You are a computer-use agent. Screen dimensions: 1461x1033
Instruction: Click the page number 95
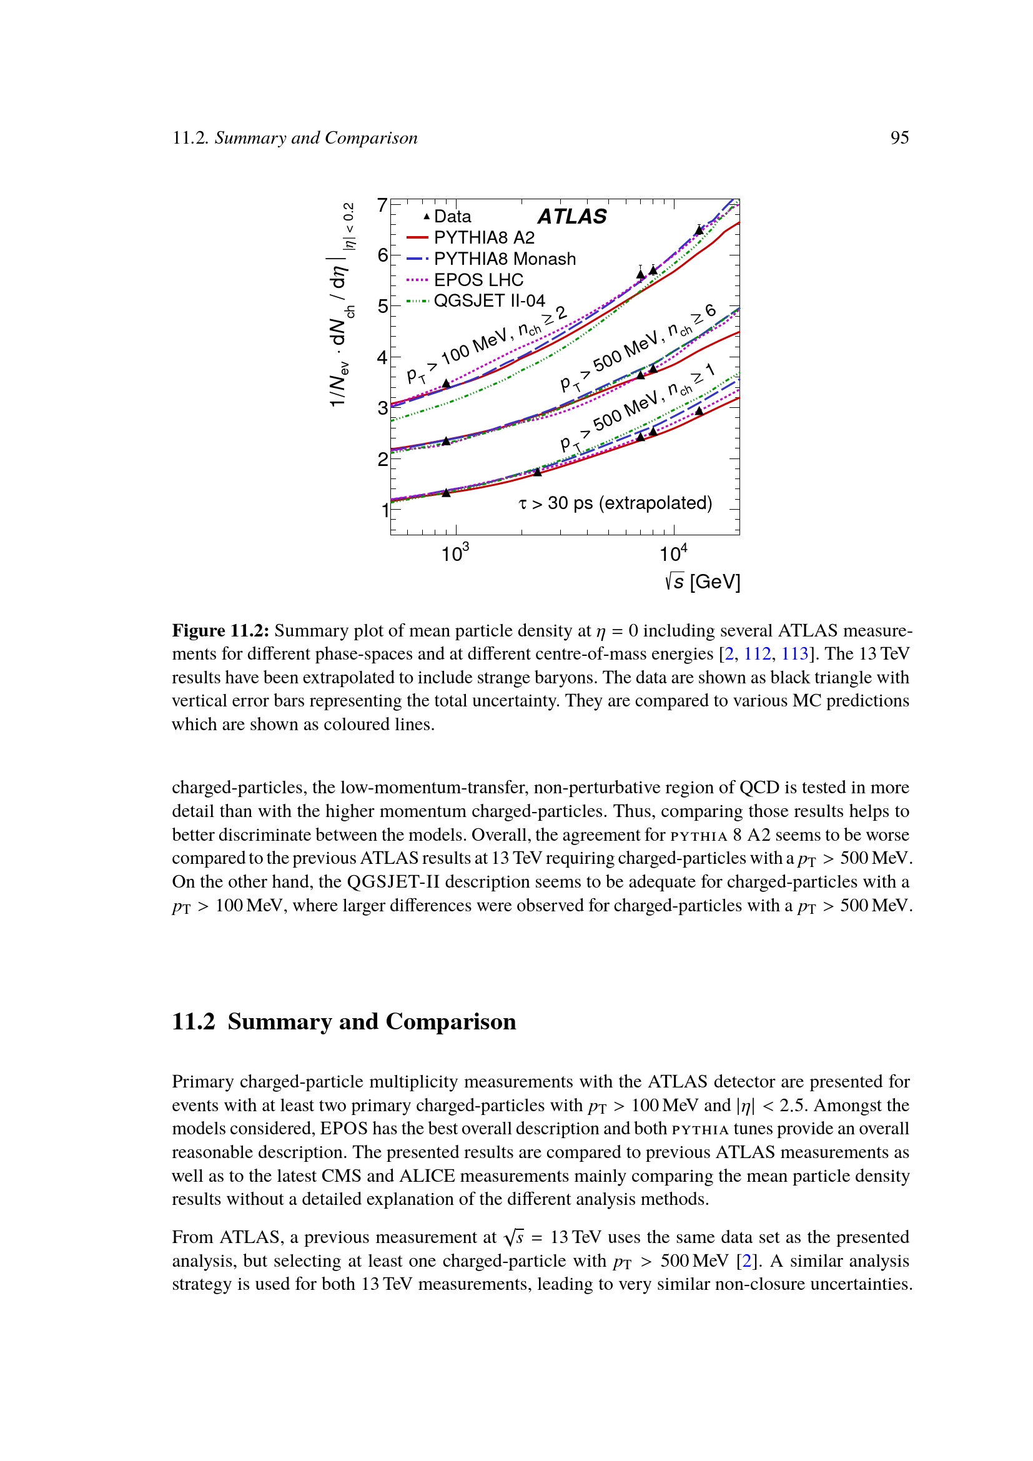pos(899,138)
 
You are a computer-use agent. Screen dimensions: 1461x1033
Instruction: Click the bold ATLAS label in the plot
pos(572,217)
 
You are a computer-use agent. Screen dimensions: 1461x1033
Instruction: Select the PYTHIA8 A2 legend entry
pos(483,238)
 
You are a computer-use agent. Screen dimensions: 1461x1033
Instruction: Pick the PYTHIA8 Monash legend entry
pos(505,259)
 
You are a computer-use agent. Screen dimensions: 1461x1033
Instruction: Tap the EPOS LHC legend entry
pos(478,280)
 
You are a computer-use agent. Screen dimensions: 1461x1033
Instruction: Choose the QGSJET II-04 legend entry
pos(489,301)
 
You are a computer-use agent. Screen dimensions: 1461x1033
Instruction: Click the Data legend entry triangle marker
pos(427,217)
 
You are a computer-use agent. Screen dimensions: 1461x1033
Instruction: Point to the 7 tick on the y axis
pos(382,205)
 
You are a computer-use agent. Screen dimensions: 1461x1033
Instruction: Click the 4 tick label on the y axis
pos(382,358)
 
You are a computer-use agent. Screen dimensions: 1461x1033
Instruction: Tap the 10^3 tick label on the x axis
pos(455,552)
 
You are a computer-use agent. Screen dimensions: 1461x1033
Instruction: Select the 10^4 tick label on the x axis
pos(673,552)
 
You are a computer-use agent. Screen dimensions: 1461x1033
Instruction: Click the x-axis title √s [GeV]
pos(702,582)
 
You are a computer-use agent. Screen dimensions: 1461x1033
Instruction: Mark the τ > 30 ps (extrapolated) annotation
pos(615,503)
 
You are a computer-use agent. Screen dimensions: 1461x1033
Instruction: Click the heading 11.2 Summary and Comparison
pos(344,1022)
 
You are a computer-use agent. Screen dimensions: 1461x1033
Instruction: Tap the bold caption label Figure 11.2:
pos(220,631)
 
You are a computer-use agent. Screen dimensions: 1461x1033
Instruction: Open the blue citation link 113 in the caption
pos(794,654)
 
